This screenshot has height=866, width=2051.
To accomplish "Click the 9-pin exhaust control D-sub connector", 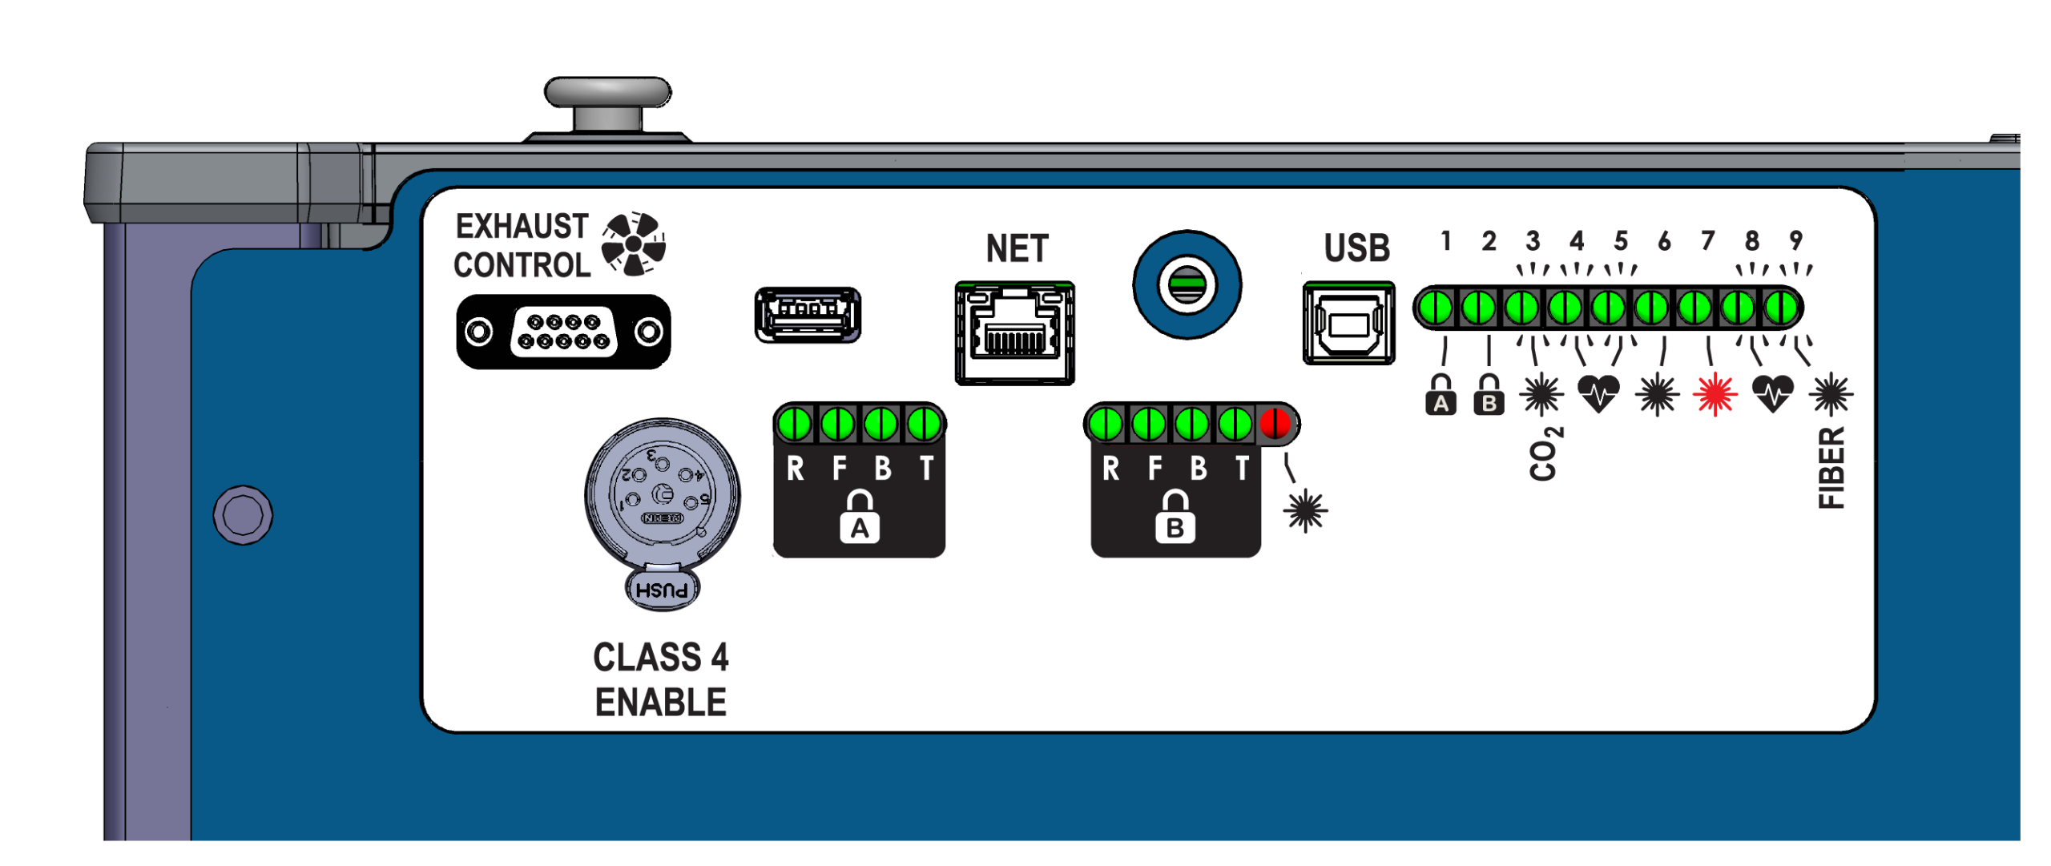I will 562,331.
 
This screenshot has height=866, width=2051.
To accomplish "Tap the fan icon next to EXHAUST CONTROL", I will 633,244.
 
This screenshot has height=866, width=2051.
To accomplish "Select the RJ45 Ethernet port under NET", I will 1013,333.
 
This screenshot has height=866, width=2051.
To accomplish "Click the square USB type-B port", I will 1348,323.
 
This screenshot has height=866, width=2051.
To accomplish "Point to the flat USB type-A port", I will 807,314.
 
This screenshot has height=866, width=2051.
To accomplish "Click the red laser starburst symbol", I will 1714,393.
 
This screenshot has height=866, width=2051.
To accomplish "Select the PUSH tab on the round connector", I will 661,590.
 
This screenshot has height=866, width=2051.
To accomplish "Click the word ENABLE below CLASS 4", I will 659,702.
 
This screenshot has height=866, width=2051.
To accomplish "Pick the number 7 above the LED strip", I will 1706,240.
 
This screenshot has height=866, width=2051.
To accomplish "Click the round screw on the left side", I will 243,514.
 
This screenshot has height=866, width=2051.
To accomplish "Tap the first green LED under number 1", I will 1434,308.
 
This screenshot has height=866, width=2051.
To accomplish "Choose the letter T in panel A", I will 925,468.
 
